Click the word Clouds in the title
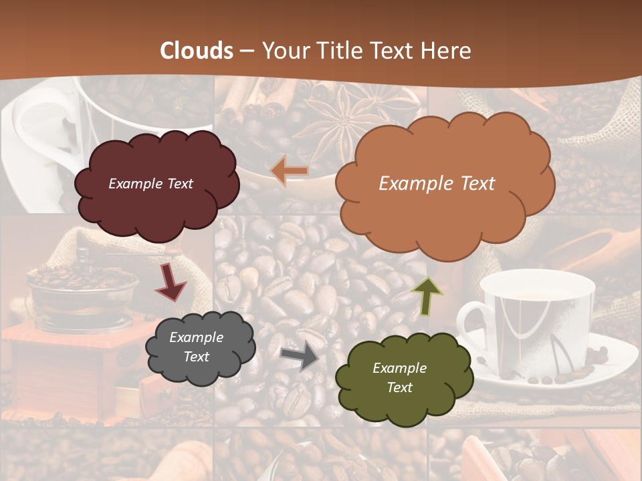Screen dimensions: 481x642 197,51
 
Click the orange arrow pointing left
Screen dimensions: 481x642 289,171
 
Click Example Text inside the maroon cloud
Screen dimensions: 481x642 150,184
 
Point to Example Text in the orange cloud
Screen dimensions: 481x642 437,184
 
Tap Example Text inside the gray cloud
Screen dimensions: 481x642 196,347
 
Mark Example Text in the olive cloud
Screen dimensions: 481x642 399,377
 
